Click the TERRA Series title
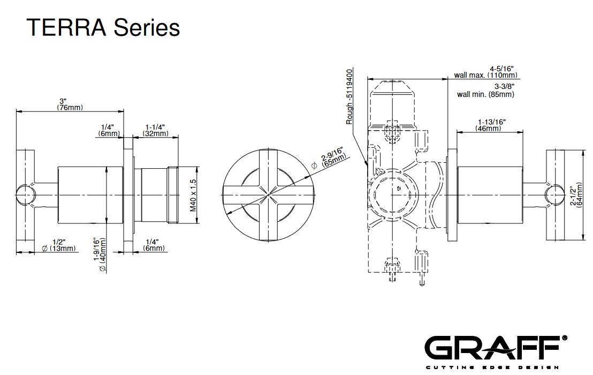pyautogui.click(x=103, y=27)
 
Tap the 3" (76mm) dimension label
pyautogui.click(x=70, y=104)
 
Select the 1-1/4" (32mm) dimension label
pyautogui.click(x=155, y=130)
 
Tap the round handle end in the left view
pyautogui.click(x=24, y=194)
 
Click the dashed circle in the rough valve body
pyautogui.click(x=393, y=194)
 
